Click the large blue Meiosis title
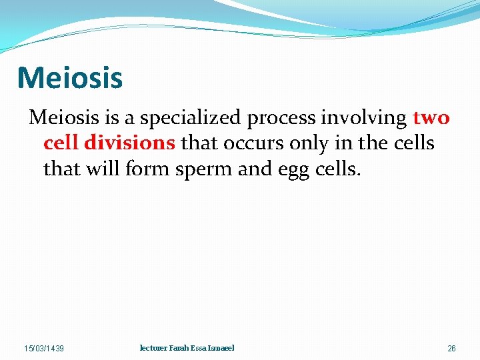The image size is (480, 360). coord(70,77)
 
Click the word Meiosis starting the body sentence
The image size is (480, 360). coord(64,118)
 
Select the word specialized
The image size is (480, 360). coord(189,118)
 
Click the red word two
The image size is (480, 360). coord(431,119)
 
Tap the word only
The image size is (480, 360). coord(307,144)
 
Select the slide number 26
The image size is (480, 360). coord(451,349)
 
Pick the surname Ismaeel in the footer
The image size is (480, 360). coord(221,348)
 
